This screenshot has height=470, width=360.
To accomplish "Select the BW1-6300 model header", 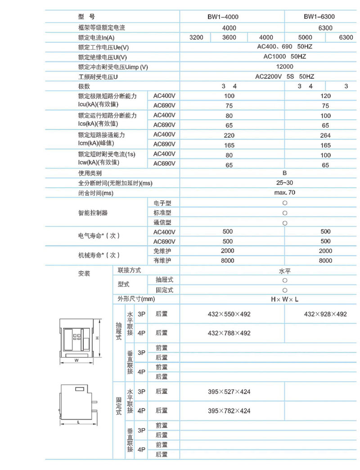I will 319,17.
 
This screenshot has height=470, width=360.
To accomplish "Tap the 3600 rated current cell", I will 229,37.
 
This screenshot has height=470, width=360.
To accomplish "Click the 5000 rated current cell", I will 305,37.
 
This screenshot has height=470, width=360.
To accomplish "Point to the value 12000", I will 284,67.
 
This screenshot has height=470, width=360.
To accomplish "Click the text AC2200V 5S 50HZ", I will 284,77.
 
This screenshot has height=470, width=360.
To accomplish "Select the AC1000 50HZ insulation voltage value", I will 284,57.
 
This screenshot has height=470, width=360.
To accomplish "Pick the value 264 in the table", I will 325,136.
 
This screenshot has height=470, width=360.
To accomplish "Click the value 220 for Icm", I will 229,136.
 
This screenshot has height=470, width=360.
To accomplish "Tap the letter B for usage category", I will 284,173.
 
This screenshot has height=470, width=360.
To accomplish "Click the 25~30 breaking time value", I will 284,183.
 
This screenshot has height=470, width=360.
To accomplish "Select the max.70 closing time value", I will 284,193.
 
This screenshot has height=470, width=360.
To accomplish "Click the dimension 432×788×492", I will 229,334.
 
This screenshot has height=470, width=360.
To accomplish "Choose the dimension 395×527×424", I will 229,392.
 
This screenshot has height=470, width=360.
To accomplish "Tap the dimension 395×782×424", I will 229,411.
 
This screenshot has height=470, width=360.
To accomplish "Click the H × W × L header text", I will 284,299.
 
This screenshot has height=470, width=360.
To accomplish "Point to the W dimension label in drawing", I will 76,360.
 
